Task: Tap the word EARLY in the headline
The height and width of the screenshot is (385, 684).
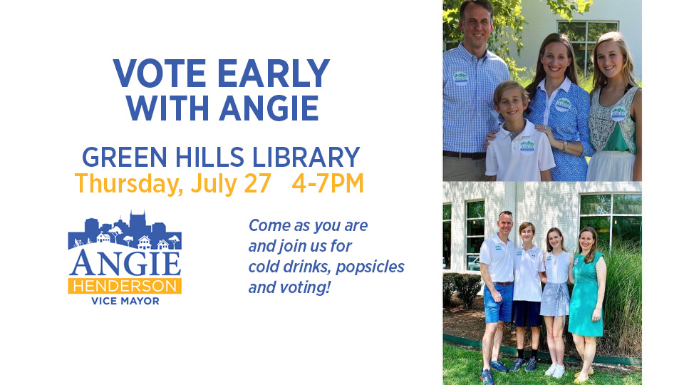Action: tap(274, 73)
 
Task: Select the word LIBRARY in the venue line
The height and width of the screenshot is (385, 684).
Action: tap(306, 157)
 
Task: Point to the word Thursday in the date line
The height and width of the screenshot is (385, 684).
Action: tap(129, 184)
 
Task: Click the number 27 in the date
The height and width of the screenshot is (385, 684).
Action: tap(257, 183)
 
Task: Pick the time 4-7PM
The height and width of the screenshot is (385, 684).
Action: tap(328, 183)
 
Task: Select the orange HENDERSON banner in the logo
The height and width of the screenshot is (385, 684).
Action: tap(125, 286)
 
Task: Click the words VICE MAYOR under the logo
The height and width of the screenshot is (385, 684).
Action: tap(125, 301)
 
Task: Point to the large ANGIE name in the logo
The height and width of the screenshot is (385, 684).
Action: tap(125, 263)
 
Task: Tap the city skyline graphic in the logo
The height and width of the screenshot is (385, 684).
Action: tap(125, 230)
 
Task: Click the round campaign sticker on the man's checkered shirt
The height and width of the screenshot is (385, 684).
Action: tap(460, 78)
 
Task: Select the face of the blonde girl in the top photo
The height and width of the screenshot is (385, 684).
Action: tap(609, 60)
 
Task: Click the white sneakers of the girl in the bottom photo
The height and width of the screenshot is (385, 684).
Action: tap(555, 371)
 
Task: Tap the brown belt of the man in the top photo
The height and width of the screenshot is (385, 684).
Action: tap(464, 155)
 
